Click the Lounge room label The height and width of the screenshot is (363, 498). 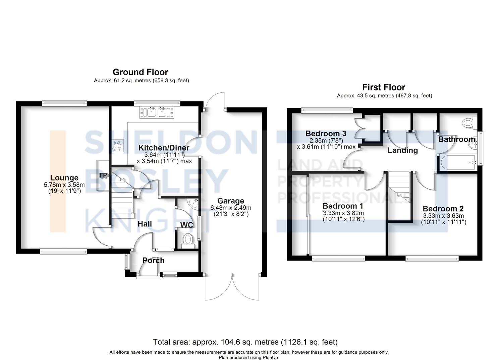point(64,178)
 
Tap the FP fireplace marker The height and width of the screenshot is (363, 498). point(103,175)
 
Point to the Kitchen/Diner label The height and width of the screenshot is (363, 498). point(164,148)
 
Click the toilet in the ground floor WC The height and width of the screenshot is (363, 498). point(188,241)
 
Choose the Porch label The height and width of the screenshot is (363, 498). point(153,260)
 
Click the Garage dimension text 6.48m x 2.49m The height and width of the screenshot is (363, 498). point(231,207)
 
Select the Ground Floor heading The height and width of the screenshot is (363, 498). point(140,72)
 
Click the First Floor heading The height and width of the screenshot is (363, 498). point(384,87)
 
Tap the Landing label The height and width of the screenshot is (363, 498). point(402,150)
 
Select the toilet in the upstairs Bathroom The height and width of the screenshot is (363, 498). point(468,123)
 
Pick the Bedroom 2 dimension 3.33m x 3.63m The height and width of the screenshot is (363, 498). point(443,216)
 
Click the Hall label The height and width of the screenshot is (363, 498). point(145,224)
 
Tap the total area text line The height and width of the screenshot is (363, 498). point(245,342)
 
